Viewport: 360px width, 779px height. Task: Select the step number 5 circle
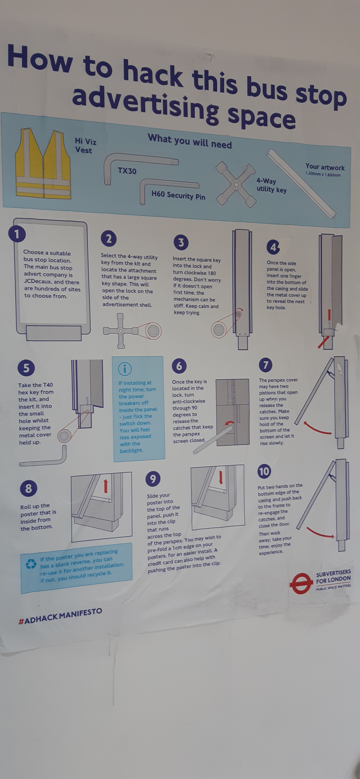26,368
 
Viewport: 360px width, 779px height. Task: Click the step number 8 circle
28,488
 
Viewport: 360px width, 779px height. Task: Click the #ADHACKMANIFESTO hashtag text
60,616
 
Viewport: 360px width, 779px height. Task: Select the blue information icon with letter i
125,369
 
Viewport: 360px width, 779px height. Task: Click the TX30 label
127,171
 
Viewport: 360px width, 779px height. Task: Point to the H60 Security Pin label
178,195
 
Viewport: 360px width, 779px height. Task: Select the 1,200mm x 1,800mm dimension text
323,174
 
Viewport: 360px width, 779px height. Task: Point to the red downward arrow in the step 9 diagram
221,477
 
